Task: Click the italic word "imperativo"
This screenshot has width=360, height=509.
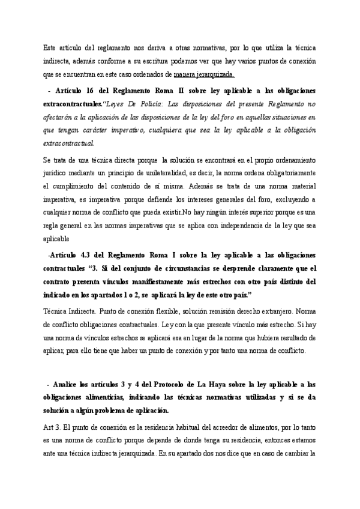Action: click(x=125, y=131)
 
